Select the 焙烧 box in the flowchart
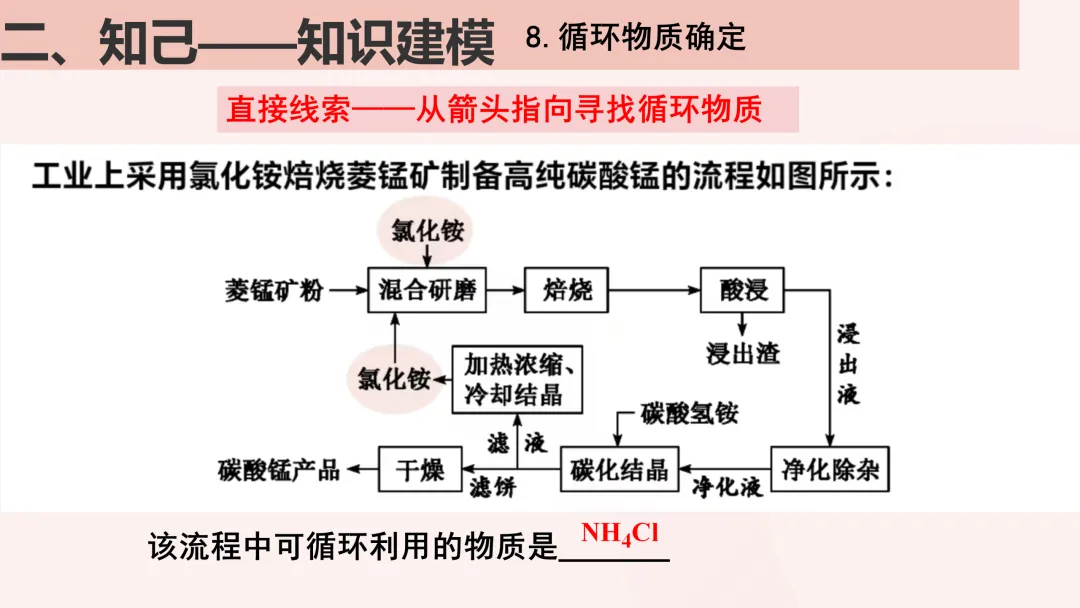tap(567, 291)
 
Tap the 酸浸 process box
tap(742, 291)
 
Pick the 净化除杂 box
tap(829, 468)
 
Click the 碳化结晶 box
tap(619, 468)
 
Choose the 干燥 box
tap(419, 468)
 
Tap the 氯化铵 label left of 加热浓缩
tap(394, 379)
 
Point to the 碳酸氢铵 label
tap(690, 412)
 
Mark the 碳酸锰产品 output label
tap(279, 469)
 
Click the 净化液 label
tap(727, 487)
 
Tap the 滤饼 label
tap(492, 488)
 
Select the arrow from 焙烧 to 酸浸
tap(654, 291)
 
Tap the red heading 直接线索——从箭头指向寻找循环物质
tap(494, 108)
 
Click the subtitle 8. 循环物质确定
tap(636, 38)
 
